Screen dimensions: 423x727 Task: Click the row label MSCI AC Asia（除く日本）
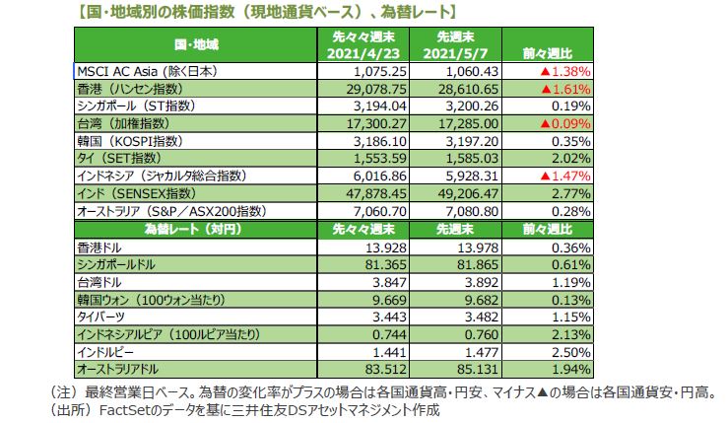(147, 72)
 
